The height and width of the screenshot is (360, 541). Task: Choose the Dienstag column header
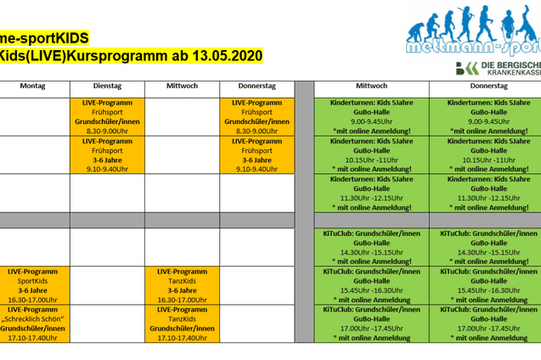click(107, 86)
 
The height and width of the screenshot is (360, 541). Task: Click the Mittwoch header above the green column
click(370, 86)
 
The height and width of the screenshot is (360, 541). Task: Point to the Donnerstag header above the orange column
click(256, 86)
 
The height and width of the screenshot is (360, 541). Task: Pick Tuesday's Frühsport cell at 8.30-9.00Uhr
click(107, 116)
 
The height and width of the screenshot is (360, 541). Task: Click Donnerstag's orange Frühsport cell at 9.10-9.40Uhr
click(256, 155)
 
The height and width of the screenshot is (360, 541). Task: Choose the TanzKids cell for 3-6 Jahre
click(182, 284)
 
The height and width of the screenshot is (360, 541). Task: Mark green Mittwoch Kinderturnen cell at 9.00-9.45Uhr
click(370, 116)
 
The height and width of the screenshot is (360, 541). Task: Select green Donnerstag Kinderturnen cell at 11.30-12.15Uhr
click(485, 193)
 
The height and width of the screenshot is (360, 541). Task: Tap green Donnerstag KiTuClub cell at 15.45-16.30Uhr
click(485, 284)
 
